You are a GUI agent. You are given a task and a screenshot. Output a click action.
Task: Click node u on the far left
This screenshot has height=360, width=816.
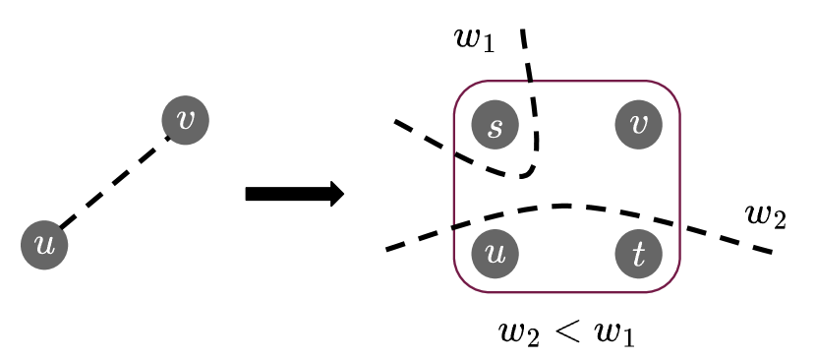[44, 245]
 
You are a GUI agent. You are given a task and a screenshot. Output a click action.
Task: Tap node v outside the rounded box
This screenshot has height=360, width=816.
[185, 120]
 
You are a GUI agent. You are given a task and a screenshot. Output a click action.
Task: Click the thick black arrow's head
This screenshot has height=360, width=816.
[335, 193]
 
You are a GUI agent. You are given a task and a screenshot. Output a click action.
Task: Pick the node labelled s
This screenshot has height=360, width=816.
[495, 125]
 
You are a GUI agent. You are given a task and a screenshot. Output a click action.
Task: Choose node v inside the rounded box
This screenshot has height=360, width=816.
[639, 125]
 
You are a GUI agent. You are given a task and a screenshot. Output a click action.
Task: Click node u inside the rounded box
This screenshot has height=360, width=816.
[495, 254]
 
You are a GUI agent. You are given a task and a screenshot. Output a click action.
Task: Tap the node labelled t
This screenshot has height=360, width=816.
[639, 254]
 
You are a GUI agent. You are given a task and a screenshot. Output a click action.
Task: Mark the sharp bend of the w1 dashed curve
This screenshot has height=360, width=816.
[532, 171]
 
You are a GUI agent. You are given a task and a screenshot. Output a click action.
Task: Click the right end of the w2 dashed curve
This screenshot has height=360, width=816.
[773, 252]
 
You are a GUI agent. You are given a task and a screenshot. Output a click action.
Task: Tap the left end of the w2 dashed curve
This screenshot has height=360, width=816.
[387, 249]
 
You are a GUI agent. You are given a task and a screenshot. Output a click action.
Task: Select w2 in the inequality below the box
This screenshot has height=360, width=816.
[520, 333]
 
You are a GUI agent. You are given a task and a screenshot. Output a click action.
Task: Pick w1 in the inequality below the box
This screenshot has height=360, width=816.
[613, 333]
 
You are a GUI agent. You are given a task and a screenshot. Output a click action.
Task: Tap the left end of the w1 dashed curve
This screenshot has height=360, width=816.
[395, 121]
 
